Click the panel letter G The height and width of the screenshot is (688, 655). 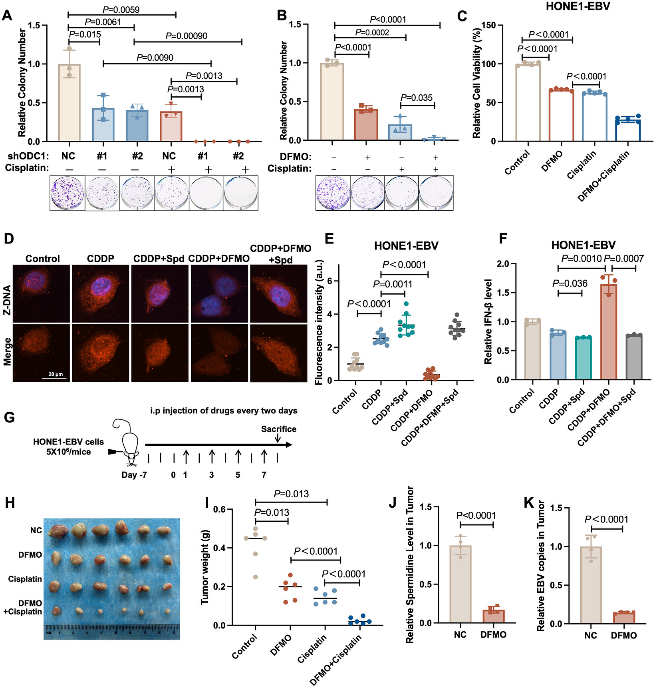[x=9, y=417]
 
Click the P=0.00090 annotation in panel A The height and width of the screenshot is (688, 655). [x=187, y=36]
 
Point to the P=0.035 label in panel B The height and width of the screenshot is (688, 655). [x=417, y=98]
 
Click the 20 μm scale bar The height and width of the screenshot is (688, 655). [x=54, y=378]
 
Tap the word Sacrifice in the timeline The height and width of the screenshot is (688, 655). [x=279, y=429]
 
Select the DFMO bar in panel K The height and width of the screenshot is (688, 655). [x=624, y=618]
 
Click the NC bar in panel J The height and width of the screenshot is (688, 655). [x=460, y=584]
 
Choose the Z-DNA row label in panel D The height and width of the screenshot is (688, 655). [x=7, y=294]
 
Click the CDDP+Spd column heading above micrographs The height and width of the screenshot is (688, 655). [x=159, y=259]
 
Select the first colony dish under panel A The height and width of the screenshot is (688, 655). [x=67, y=193]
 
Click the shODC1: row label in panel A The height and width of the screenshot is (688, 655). [x=28, y=156]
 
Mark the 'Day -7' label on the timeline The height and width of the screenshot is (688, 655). [x=134, y=475]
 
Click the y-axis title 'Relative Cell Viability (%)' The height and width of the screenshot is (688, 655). [x=476, y=82]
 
